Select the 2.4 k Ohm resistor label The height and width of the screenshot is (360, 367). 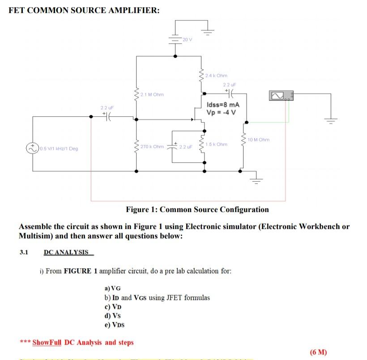[217, 76]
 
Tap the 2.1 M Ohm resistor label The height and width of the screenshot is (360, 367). [152, 94]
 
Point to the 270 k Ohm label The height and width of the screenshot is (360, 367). [152, 147]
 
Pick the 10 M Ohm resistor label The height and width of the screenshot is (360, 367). [259, 140]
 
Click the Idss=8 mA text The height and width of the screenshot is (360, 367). [220, 105]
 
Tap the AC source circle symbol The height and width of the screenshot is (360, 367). [33, 148]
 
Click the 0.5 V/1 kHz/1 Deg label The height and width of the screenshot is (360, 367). [58, 149]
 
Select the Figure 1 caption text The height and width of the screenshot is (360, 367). [197, 209]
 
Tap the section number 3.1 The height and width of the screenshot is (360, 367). [24, 252]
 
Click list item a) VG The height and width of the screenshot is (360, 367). [112, 288]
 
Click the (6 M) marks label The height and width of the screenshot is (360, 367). [318, 352]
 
